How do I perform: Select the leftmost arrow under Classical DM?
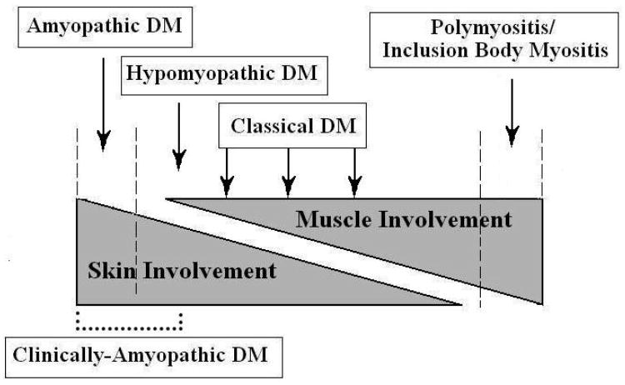pos(225,167)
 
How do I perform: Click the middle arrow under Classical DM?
pos(287,167)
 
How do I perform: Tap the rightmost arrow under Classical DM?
pos(354,167)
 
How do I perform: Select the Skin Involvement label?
pos(182,270)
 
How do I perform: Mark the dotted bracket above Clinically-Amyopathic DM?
pos(128,319)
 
